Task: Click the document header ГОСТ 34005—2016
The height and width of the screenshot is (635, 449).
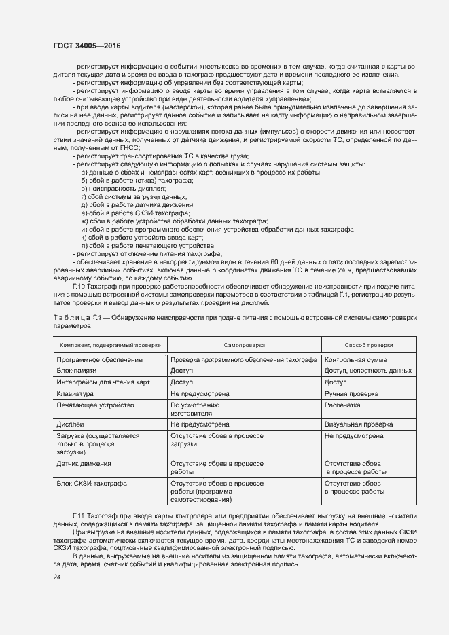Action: tap(82, 46)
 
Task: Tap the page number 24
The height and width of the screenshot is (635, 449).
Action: tap(56, 577)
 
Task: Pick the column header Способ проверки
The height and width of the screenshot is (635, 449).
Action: tap(368, 345)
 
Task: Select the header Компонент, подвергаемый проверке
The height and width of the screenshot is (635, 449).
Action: tap(109, 345)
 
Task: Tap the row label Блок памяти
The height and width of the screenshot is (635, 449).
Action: tap(77, 371)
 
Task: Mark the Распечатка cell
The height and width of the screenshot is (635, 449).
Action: tap(344, 405)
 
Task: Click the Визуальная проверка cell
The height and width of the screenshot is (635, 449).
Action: tap(359, 424)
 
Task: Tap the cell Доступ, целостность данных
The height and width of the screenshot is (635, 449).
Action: tap(368, 371)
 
